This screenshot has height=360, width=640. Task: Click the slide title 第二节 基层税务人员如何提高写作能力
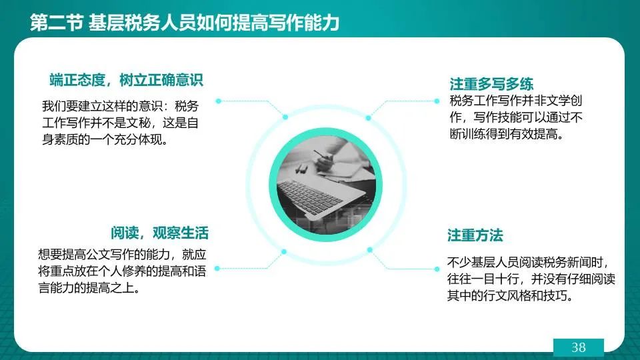click(185, 22)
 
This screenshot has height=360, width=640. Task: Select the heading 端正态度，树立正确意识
click(126, 80)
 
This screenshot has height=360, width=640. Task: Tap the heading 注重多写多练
click(491, 84)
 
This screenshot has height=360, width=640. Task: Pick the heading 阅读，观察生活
click(159, 233)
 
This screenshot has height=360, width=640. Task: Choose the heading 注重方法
click(475, 235)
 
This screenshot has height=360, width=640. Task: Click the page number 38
click(579, 347)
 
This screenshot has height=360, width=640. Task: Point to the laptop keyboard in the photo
click(310, 196)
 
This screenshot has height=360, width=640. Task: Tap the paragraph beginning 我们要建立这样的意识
click(121, 123)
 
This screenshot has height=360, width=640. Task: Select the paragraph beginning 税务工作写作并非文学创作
click(516, 117)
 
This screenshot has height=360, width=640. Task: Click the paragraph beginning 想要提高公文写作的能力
click(122, 271)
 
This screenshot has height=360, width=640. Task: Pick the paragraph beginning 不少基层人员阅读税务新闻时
click(531, 279)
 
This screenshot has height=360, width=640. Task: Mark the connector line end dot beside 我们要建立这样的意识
click(219, 101)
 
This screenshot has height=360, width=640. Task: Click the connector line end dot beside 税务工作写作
click(437, 101)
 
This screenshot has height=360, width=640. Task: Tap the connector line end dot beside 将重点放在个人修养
click(217, 268)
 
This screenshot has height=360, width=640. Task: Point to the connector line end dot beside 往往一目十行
click(437, 269)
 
